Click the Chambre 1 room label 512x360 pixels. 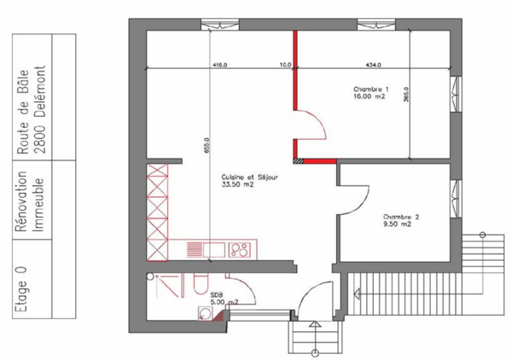(x=371, y=93)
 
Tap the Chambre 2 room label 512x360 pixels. (x=400, y=220)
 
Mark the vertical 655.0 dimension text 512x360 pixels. (x=206, y=145)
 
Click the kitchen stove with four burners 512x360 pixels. (x=241, y=250)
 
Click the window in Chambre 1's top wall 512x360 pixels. (x=372, y=24)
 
